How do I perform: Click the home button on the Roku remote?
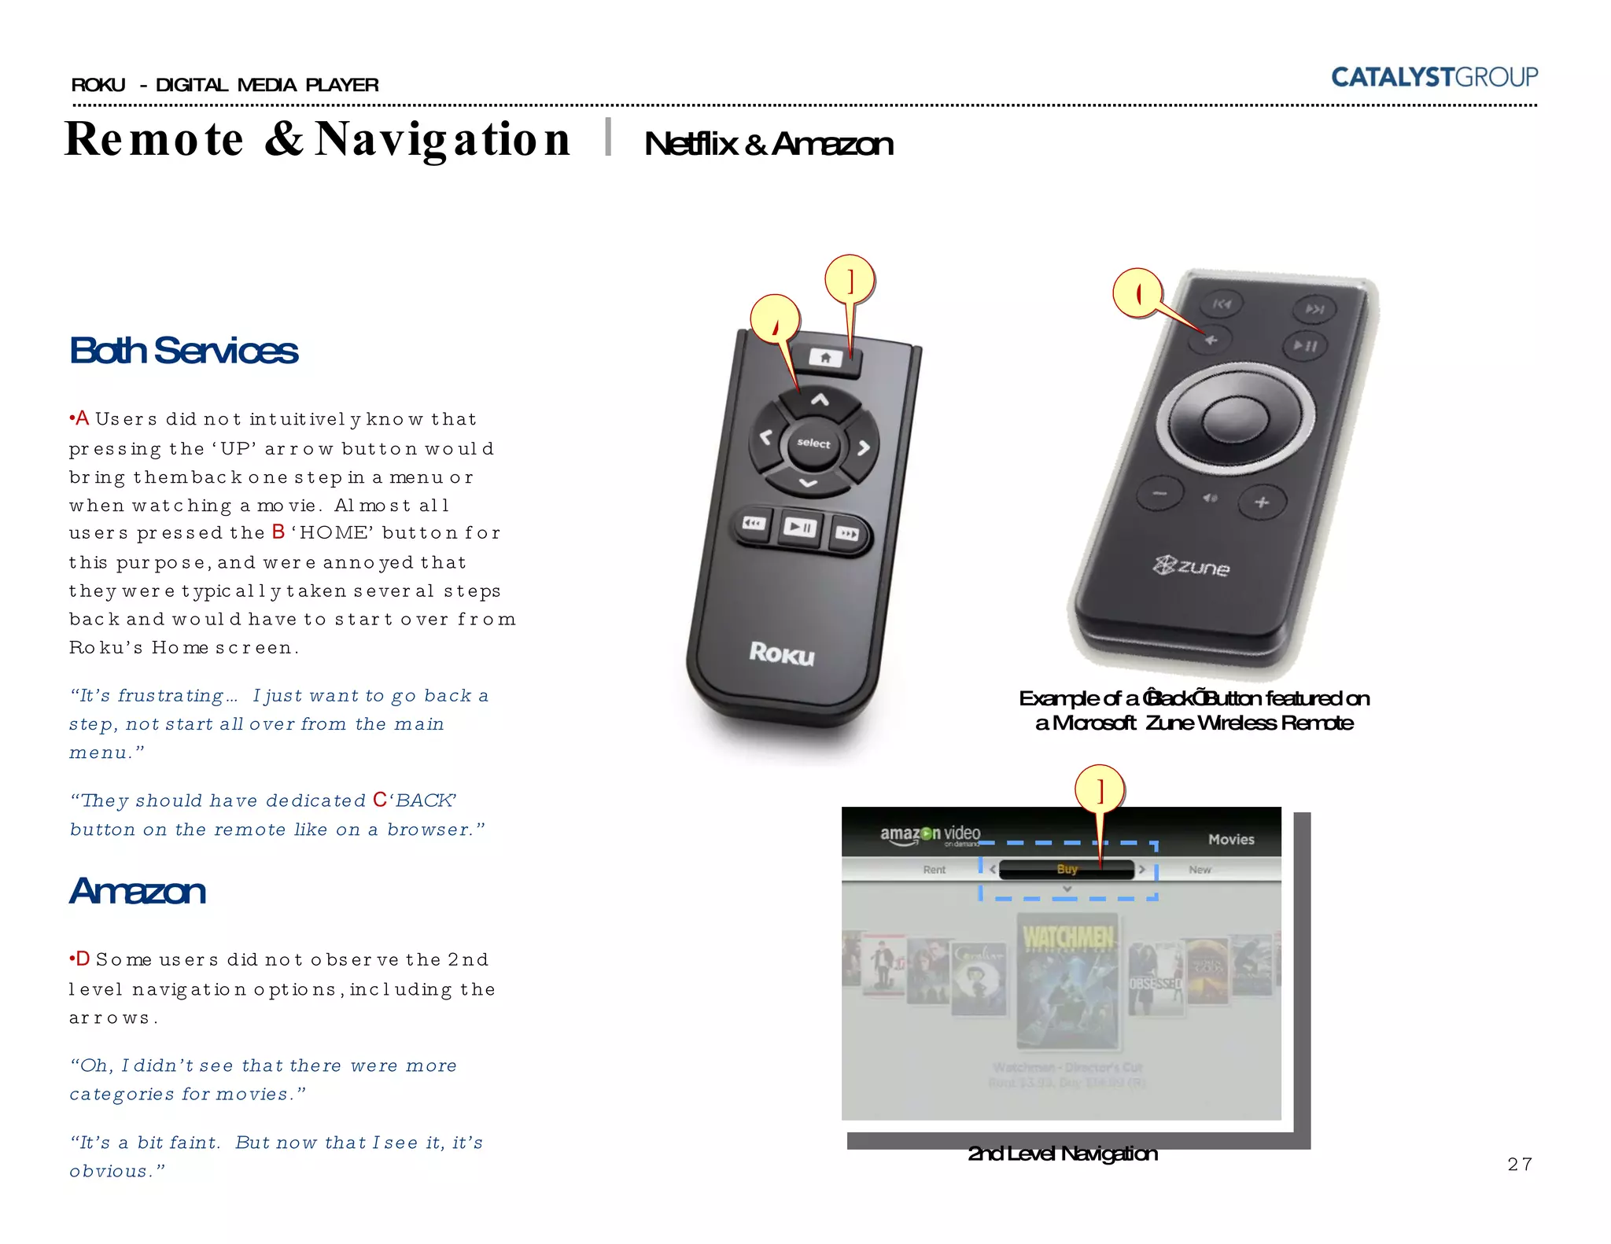pyautogui.click(x=826, y=359)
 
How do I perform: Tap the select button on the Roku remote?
pyautogui.click(x=813, y=443)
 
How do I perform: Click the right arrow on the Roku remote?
pyautogui.click(x=864, y=447)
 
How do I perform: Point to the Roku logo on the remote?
pyautogui.click(x=781, y=653)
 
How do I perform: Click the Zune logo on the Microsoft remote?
pyautogui.click(x=1192, y=566)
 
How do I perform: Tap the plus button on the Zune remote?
pyautogui.click(x=1262, y=502)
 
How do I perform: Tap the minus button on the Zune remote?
pyautogui.click(x=1159, y=494)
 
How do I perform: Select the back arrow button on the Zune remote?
pyautogui.click(x=1211, y=340)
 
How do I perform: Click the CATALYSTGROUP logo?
pyautogui.click(x=1433, y=77)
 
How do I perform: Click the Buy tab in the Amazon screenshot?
pyautogui.click(x=1067, y=869)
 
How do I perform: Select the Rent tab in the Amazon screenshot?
pyautogui.click(x=934, y=870)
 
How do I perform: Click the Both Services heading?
pyautogui.click(x=183, y=351)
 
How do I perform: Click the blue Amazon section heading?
pyautogui.click(x=138, y=891)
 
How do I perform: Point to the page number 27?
pyautogui.click(x=1519, y=1164)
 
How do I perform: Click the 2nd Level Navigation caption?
pyautogui.click(x=1062, y=1154)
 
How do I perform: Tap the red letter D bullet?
pyautogui.click(x=82, y=959)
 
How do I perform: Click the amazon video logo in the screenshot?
pyautogui.click(x=930, y=834)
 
